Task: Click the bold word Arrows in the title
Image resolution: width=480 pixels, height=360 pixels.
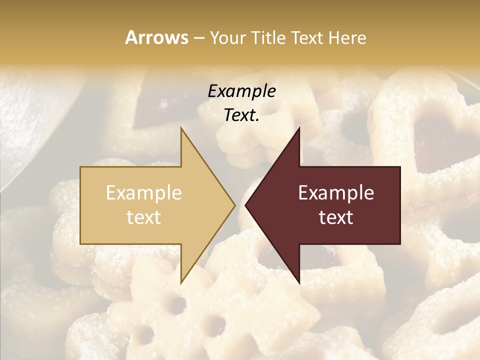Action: tap(157, 37)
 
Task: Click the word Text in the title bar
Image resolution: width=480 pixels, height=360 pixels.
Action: tap(307, 38)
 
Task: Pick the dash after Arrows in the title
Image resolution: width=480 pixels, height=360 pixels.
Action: tap(199, 38)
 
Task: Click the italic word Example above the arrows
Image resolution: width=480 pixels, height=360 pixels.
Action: tap(242, 91)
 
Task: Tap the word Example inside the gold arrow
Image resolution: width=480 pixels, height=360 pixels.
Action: tap(144, 193)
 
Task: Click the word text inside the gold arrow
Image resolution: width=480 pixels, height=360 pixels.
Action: tap(144, 217)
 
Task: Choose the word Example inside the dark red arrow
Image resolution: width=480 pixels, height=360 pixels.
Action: tap(336, 193)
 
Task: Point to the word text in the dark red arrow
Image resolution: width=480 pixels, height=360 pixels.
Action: tap(336, 217)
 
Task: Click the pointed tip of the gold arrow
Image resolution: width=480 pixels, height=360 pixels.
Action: tap(234, 205)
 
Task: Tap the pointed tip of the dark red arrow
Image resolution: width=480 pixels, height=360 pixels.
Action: tap(245, 205)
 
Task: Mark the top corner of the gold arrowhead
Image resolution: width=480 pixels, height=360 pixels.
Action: tap(181, 128)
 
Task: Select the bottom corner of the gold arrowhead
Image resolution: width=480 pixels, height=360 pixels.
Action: tap(181, 283)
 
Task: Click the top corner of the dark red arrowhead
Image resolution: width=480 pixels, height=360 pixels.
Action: tap(299, 128)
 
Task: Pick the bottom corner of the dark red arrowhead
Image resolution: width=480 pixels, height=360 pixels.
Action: tap(299, 283)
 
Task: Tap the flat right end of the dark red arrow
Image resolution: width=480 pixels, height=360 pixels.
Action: tap(399, 205)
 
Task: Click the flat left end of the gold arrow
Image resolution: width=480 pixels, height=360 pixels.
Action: tap(81, 205)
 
